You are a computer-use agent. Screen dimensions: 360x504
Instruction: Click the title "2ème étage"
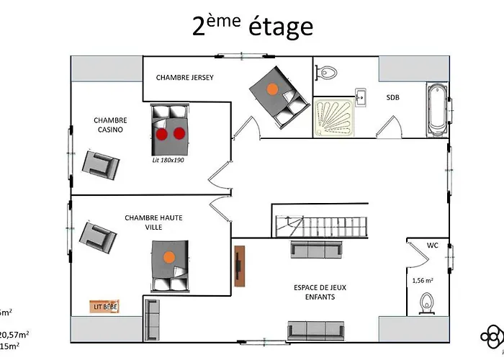click(252, 27)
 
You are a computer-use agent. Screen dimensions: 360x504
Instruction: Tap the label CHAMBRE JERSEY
click(185, 78)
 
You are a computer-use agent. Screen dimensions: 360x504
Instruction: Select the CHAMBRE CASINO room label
click(111, 125)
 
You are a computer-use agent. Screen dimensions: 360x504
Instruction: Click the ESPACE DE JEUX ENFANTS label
click(320, 291)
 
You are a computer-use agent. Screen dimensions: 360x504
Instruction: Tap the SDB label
click(393, 96)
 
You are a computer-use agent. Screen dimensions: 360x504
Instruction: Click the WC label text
click(432, 246)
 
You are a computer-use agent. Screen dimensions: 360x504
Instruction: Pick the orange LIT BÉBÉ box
click(105, 307)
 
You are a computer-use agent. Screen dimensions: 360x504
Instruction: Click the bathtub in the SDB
click(436, 111)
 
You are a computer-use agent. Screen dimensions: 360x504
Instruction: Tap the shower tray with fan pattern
click(337, 117)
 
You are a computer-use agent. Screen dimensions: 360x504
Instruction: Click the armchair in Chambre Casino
click(100, 164)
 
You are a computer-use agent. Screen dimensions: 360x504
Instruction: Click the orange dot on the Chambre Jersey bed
click(272, 89)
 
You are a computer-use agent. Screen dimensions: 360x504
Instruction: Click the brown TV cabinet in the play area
click(240, 266)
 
